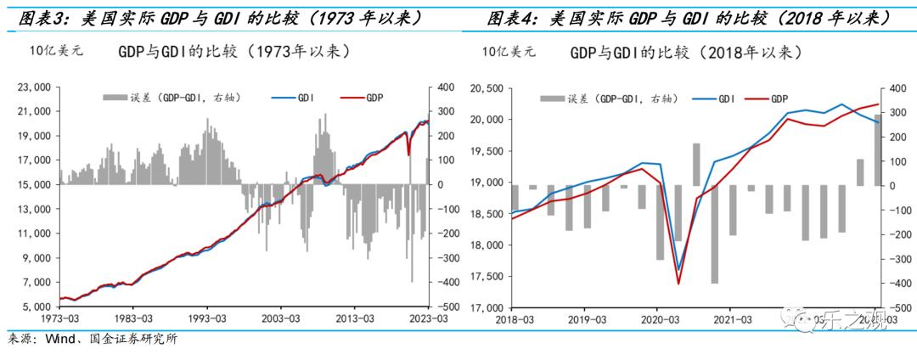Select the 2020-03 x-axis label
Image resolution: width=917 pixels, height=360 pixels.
click(x=669, y=319)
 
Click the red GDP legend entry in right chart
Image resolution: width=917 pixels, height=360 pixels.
click(x=768, y=99)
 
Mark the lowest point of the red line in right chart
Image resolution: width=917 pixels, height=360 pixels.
click(x=678, y=283)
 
